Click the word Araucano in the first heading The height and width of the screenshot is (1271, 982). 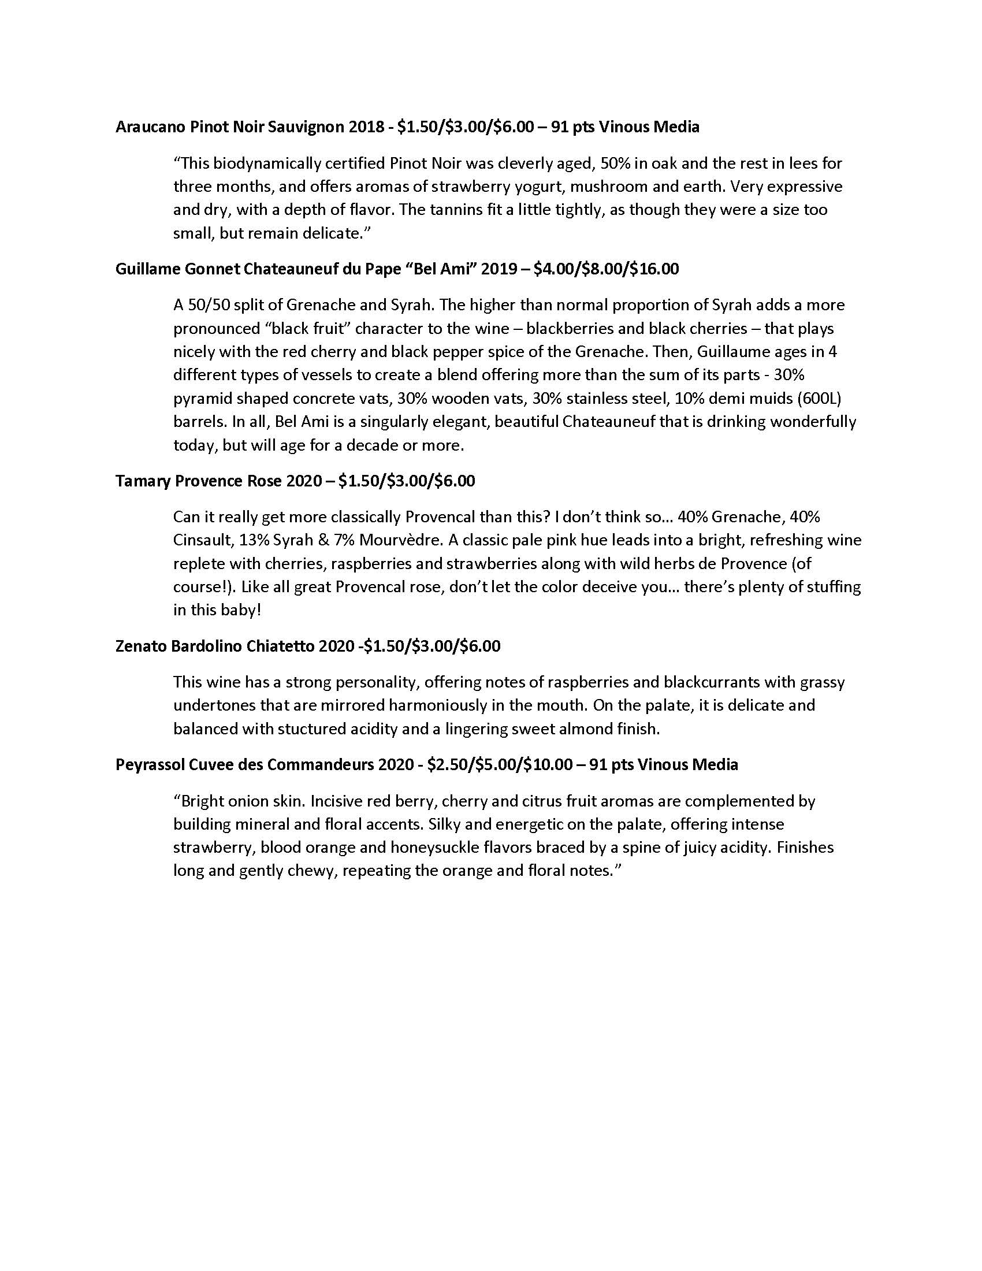coord(151,127)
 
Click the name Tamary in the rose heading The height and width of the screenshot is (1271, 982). coord(143,481)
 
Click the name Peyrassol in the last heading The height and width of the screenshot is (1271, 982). coord(150,764)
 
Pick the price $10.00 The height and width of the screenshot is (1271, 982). coord(548,764)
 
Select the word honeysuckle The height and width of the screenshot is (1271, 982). coord(432,848)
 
